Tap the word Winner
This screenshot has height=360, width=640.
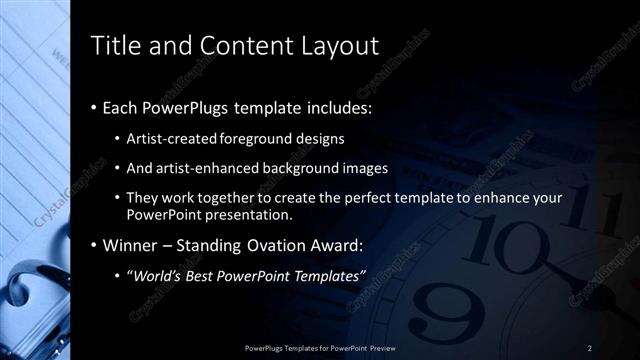click(131, 245)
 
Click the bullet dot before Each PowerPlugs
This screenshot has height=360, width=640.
click(94, 108)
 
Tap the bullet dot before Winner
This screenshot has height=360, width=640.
click(94, 246)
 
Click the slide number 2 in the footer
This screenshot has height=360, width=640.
click(590, 347)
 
